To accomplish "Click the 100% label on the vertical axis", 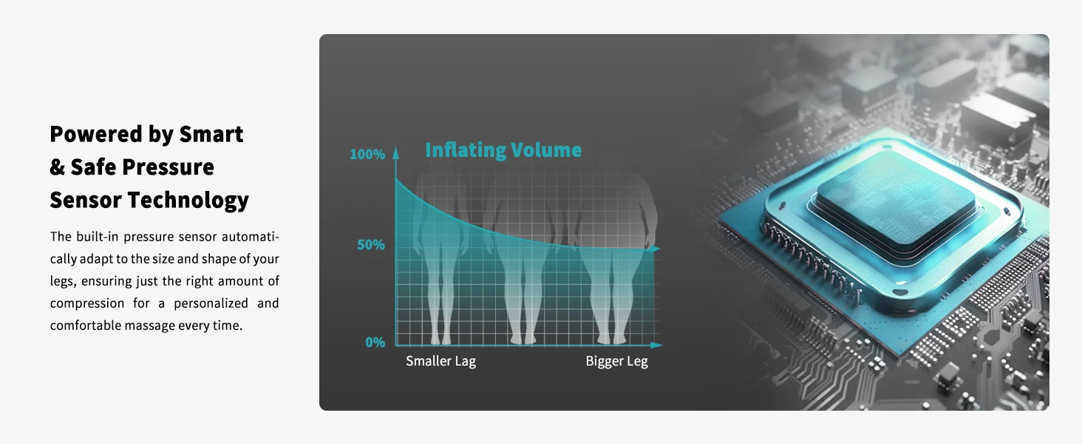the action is [367, 154].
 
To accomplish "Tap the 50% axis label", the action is [371, 245].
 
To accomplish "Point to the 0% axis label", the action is [375, 343].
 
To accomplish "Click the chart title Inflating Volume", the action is [503, 150].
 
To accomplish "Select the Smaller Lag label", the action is [440, 361].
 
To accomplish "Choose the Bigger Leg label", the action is [617, 361].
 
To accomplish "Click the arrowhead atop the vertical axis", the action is [395, 152].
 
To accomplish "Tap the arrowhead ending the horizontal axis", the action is [656, 345].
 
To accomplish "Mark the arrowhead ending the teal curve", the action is [655, 249].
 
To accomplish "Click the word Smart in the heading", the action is [211, 134].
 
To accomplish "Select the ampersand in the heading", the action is [57, 167].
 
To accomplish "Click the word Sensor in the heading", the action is [85, 201].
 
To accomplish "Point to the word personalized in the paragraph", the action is [211, 303].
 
